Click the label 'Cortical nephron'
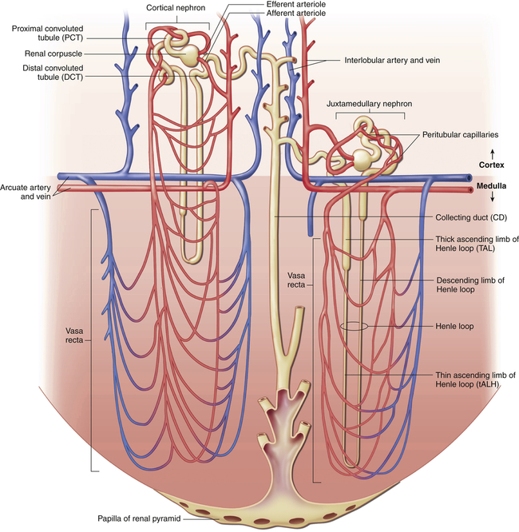click(x=176, y=7)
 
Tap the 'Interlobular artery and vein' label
click(x=394, y=60)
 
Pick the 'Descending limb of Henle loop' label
click(x=469, y=286)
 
